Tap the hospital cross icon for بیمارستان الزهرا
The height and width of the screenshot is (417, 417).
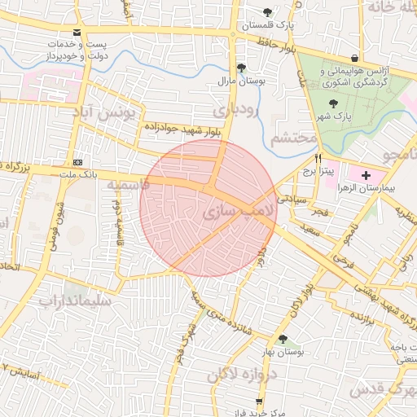coord(365,174)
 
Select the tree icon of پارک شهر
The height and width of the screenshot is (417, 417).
coord(332,103)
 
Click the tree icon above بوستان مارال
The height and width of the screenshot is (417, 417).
coord(239,68)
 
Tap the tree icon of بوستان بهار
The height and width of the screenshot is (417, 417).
coord(283,339)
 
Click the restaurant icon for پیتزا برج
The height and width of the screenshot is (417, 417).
coord(318,158)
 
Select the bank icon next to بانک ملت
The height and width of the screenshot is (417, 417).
coord(77,161)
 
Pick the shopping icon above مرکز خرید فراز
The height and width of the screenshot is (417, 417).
coord(260,401)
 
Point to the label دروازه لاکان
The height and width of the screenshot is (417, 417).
coord(242,374)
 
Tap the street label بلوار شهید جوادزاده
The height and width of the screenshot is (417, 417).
coord(182,127)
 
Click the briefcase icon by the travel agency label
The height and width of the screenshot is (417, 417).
coord(355,58)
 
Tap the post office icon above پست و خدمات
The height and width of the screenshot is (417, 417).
coord(77,33)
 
